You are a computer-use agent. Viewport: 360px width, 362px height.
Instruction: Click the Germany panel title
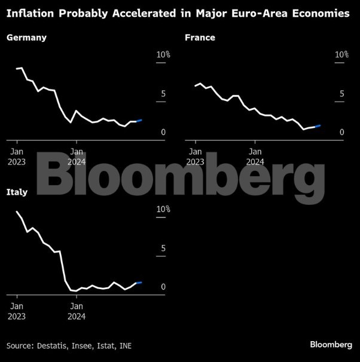pyautogui.click(x=26, y=38)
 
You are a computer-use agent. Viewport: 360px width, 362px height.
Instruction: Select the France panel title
pyautogui.click(x=200, y=38)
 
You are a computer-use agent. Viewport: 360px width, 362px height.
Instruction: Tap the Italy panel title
pyautogui.click(x=19, y=192)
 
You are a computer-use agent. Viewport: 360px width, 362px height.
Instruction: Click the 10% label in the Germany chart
pyautogui.click(x=163, y=55)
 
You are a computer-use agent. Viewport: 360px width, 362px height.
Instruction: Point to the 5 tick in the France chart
pyautogui.click(x=342, y=94)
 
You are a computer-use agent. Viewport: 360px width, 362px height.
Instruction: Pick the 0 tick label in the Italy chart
pyautogui.click(x=163, y=287)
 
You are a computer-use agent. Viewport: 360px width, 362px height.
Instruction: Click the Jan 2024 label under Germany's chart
pyautogui.click(x=77, y=157)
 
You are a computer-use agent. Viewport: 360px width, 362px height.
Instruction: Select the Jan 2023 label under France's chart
pyautogui.click(x=195, y=157)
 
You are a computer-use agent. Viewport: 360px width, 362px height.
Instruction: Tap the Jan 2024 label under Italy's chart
pyautogui.click(x=77, y=312)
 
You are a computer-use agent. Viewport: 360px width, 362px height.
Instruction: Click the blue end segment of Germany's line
pyautogui.click(x=139, y=121)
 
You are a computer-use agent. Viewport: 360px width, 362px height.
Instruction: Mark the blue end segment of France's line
pyautogui.click(x=318, y=127)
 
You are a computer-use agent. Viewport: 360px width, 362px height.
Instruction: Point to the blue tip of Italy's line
pyautogui.click(x=139, y=283)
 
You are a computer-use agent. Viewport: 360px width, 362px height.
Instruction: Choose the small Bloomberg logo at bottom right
pyautogui.click(x=331, y=345)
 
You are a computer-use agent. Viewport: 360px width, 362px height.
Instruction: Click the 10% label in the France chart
pyautogui.click(x=341, y=55)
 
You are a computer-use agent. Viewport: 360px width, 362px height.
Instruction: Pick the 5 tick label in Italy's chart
pyautogui.click(x=163, y=249)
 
